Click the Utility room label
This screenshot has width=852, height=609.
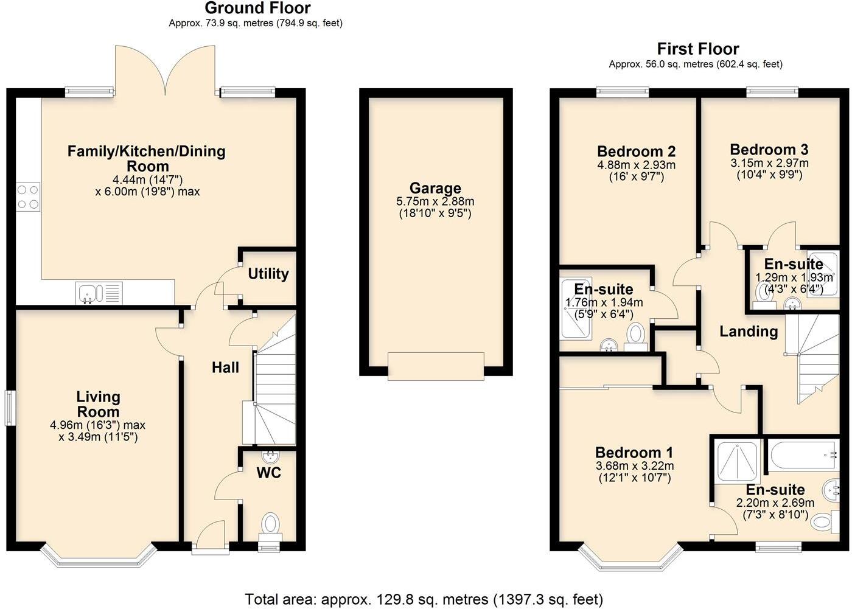coord(268,274)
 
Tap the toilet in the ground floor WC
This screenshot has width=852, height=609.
coord(270,525)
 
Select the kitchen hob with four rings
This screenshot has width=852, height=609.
coord(28,197)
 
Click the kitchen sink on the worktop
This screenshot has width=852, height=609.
coord(89,293)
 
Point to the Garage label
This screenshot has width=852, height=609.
coord(435,188)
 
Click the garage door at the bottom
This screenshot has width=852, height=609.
coord(436,366)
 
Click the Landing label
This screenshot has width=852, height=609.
coord(749,332)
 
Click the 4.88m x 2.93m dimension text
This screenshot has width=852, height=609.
coord(636,165)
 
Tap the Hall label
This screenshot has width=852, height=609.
coord(225,367)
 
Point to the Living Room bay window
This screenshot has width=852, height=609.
coord(99,559)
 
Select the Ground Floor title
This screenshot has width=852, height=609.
coord(257,9)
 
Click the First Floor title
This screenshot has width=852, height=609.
coord(698,49)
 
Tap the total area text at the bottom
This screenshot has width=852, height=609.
coord(424,599)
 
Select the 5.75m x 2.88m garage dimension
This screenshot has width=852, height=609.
coord(435,201)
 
